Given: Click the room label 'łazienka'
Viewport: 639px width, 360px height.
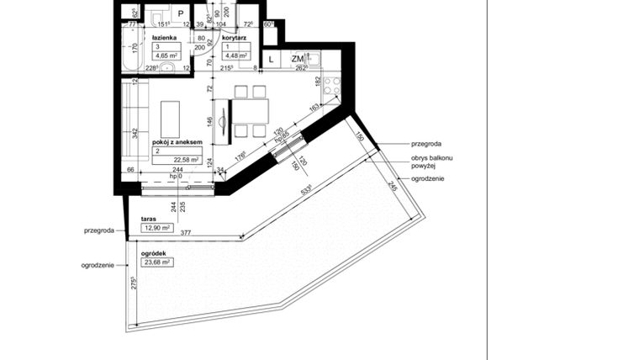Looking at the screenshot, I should tap(163, 39).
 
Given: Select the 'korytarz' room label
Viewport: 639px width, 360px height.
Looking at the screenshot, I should tap(233, 39).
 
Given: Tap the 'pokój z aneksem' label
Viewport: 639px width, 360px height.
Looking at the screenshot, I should tap(177, 144).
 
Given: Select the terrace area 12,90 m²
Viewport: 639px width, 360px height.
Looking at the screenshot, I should tap(156, 228).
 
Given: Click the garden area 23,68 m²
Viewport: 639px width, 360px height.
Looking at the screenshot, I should tap(156, 262).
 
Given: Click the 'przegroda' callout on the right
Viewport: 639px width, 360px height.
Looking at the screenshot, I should tap(426, 144).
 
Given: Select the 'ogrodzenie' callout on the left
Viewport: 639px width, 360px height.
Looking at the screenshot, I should tap(98, 265).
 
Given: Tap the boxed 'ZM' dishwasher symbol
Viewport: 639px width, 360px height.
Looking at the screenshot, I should tap(297, 59).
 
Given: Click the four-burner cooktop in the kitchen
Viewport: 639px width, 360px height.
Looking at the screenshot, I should tap(330, 84).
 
